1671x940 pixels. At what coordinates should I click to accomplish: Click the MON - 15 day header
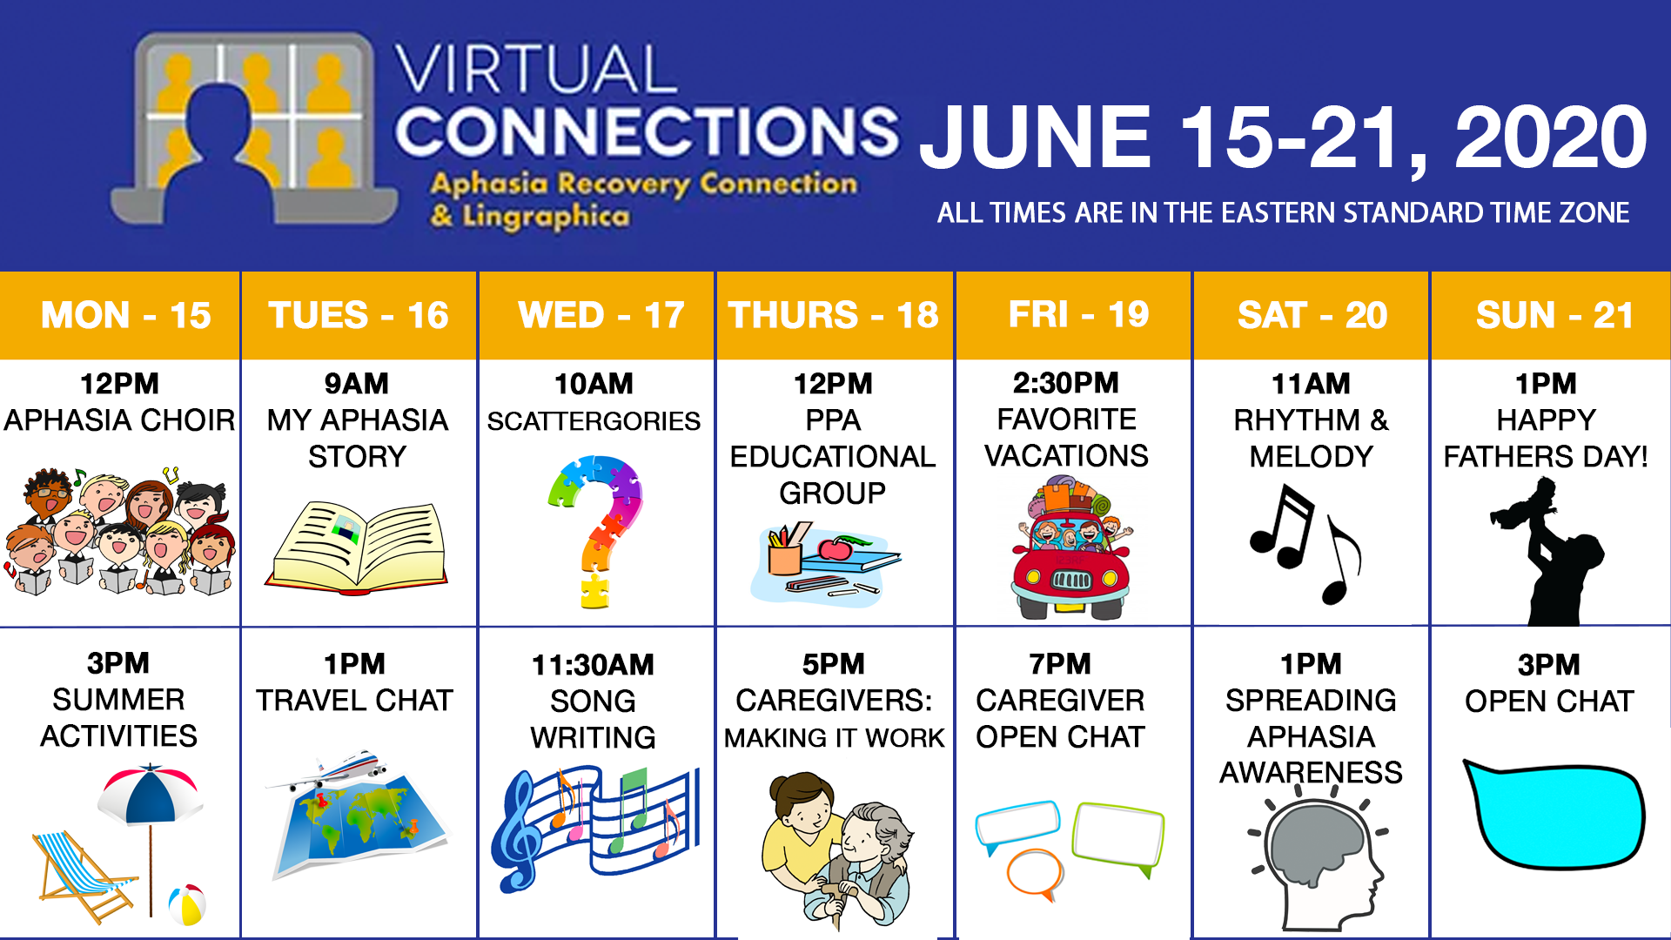click(x=125, y=315)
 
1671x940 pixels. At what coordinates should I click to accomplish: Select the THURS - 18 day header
click(x=833, y=315)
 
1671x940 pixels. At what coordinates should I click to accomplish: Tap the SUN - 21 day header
click(x=1554, y=315)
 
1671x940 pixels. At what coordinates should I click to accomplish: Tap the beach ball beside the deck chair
click(x=187, y=905)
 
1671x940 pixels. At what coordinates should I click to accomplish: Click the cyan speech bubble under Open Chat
click(x=1554, y=814)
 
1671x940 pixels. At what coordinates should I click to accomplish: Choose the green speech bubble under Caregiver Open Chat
click(x=1118, y=836)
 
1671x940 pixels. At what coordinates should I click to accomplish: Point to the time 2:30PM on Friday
click(x=1066, y=383)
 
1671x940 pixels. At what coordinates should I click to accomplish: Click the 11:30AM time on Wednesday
click(x=593, y=665)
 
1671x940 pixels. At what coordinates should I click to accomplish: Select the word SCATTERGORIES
click(x=594, y=421)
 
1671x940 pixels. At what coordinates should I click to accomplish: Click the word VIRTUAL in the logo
click(x=535, y=70)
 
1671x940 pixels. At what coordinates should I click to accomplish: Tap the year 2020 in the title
click(x=1550, y=138)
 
